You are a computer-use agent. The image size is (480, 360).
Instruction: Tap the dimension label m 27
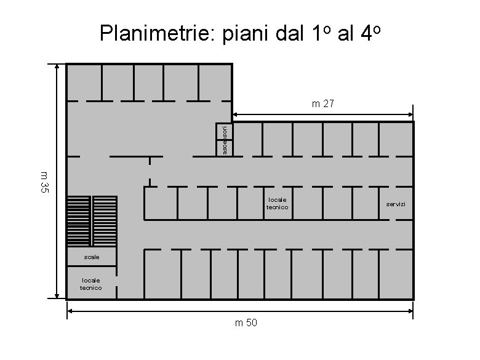pyautogui.click(x=322, y=105)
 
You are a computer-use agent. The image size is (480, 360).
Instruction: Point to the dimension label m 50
pyautogui.click(x=246, y=324)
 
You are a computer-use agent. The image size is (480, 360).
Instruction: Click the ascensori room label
pyautogui.click(x=225, y=140)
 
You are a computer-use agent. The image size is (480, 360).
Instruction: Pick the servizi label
pyautogui.click(x=396, y=203)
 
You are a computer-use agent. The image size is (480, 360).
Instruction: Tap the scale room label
pyautogui.click(x=91, y=257)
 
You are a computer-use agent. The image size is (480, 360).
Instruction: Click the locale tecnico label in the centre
pyautogui.click(x=277, y=203)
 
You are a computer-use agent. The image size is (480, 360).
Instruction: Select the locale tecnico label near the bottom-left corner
pyautogui.click(x=91, y=283)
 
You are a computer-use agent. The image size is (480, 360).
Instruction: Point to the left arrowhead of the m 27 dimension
pyautogui.click(x=236, y=114)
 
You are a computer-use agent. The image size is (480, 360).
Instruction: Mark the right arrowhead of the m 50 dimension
pyautogui.click(x=410, y=311)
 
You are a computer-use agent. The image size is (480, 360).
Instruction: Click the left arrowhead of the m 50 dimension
pyautogui.click(x=70, y=311)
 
